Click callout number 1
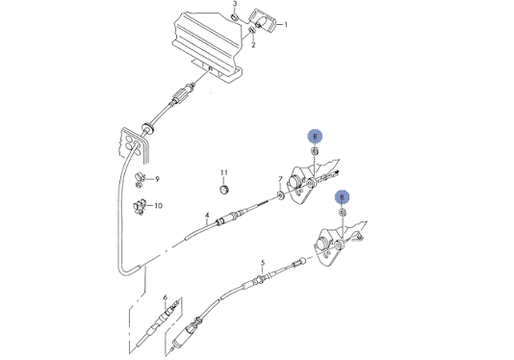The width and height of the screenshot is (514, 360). (x=286, y=25)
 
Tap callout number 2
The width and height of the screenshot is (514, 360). (x=253, y=45)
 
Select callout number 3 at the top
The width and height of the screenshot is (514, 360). (x=235, y=4)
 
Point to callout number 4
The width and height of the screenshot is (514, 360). (x=207, y=216)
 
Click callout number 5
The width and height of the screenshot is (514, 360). (x=263, y=263)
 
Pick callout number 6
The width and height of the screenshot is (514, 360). (x=166, y=297)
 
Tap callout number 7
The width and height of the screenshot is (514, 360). (x=280, y=179)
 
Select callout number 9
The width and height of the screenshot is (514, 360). (x=157, y=179)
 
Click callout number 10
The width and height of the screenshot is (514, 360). (x=158, y=206)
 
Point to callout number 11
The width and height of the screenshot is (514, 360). (x=224, y=172)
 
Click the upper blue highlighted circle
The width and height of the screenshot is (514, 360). (x=315, y=136)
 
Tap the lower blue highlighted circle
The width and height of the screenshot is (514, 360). (x=343, y=197)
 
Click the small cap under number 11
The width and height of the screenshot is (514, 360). (x=224, y=190)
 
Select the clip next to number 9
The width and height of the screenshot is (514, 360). (x=141, y=180)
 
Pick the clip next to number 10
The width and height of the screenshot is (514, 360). (x=140, y=207)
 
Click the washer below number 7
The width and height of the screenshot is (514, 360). (x=281, y=195)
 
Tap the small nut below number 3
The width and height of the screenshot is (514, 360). (x=235, y=17)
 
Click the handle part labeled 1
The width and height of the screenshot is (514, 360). (x=264, y=21)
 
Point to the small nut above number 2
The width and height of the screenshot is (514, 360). (x=252, y=30)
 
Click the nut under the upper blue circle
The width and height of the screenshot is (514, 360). (x=315, y=151)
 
